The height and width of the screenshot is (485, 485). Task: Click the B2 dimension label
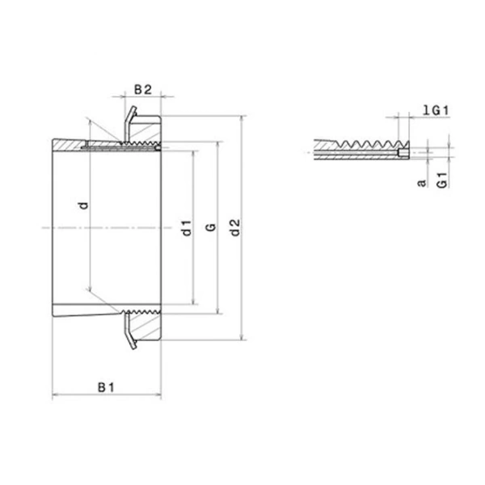[142, 89]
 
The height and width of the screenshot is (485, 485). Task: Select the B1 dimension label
[106, 388]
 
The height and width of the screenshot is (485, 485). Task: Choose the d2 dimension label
[234, 229]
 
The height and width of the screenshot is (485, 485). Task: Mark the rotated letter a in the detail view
[421, 183]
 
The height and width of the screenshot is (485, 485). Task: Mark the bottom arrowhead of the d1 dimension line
[194, 305]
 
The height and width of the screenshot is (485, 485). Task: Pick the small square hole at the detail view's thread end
[402, 152]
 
